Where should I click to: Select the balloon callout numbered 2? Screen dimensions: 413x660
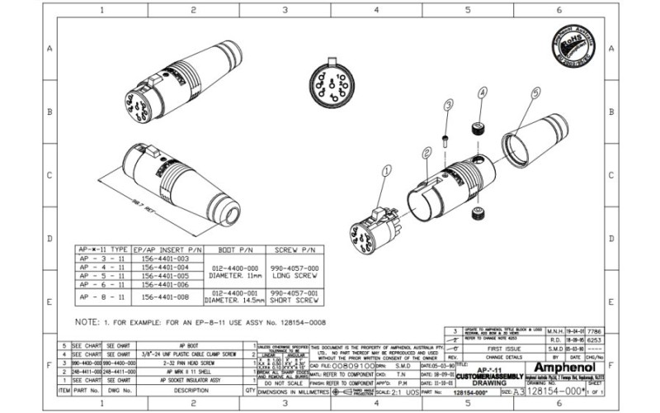pyautogui.click(x=427, y=153)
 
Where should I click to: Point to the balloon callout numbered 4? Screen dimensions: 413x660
pyautogui.click(x=482, y=93)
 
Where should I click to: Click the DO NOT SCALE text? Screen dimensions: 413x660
pyautogui.click(x=275, y=383)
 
